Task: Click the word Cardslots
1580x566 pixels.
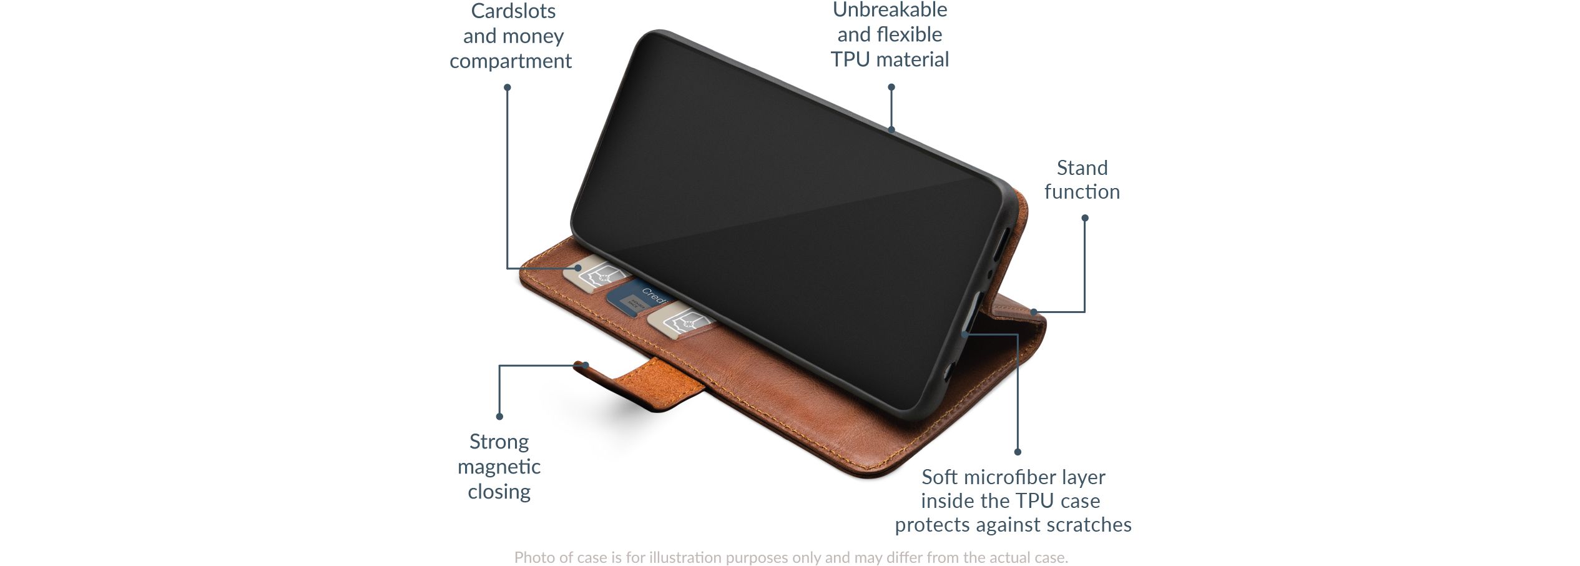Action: [x=513, y=11]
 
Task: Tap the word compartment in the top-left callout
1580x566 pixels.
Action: [x=511, y=61]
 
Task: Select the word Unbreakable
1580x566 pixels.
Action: [x=890, y=9]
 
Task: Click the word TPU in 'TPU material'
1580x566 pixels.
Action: [x=850, y=59]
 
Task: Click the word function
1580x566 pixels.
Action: [x=1082, y=191]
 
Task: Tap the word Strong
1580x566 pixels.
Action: [x=499, y=442]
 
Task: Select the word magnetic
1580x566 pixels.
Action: [x=499, y=467]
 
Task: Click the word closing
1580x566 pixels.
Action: [x=499, y=492]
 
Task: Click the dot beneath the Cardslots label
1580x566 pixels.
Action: [x=508, y=87]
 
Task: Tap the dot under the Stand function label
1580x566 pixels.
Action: [x=1085, y=218]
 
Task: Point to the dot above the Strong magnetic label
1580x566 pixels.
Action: [x=499, y=416]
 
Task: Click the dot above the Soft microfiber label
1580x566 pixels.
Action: [x=1018, y=452]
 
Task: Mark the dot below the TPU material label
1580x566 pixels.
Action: [x=891, y=87]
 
